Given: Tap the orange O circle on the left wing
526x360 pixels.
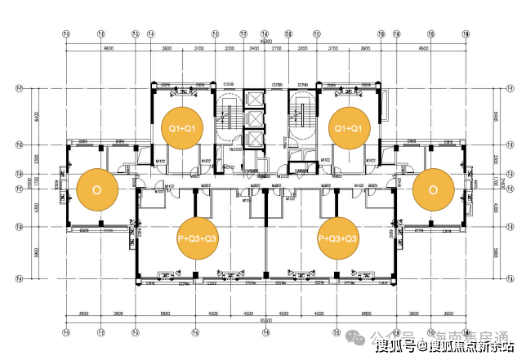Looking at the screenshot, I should pyautogui.click(x=96, y=189).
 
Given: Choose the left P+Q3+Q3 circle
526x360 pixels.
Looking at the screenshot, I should pyautogui.click(x=198, y=238).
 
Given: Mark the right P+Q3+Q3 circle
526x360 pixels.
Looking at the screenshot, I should pyautogui.click(x=337, y=238).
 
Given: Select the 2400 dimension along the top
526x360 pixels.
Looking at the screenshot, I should pyautogui.click(x=254, y=51).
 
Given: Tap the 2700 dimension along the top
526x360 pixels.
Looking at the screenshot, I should pyautogui.click(x=276, y=51).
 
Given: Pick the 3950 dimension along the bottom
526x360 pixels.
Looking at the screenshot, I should pyautogui.click(x=83, y=313).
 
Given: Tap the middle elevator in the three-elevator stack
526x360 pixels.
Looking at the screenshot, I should pyautogui.click(x=254, y=119).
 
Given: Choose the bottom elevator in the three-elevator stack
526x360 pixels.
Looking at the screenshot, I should pyautogui.click(x=254, y=140).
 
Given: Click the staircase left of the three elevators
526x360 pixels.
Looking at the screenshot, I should pyautogui.click(x=228, y=118).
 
